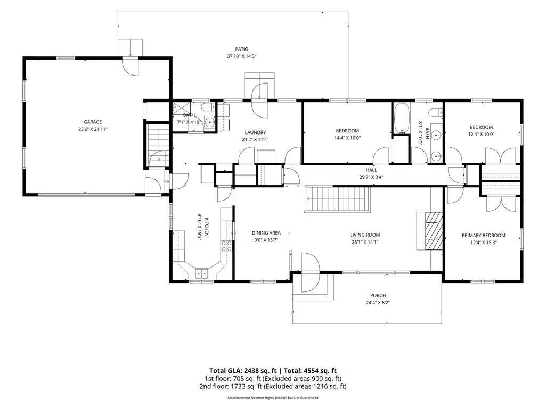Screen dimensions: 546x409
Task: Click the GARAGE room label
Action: pyautogui.click(x=93, y=122)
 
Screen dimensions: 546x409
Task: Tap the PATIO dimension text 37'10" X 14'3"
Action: pyautogui.click(x=242, y=56)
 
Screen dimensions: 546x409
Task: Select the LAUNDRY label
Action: pyautogui.click(x=255, y=132)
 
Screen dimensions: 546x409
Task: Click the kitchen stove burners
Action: pyautogui.click(x=227, y=246)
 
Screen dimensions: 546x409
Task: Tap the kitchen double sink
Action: pyautogui.click(x=201, y=274)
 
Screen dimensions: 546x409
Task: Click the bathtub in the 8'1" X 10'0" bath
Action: pyautogui.click(x=402, y=118)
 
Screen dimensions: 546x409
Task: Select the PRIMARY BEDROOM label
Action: pyautogui.click(x=483, y=236)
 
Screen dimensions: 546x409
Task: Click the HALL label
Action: pyautogui.click(x=371, y=170)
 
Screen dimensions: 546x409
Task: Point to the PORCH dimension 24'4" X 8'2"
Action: pyautogui.click(x=378, y=303)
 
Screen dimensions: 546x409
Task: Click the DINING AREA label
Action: pyautogui.click(x=266, y=233)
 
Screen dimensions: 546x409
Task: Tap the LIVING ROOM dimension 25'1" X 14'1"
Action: pyautogui.click(x=365, y=242)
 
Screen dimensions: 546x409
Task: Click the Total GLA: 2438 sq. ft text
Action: pyautogui.click(x=245, y=371)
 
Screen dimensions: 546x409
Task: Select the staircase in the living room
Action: pyautogui.click(x=338, y=199)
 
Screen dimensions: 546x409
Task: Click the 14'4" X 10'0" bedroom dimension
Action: pyautogui.click(x=347, y=138)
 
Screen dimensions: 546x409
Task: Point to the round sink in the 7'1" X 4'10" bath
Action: pyautogui.click(x=210, y=122)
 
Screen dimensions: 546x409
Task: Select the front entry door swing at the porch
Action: pyautogui.click(x=310, y=272)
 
